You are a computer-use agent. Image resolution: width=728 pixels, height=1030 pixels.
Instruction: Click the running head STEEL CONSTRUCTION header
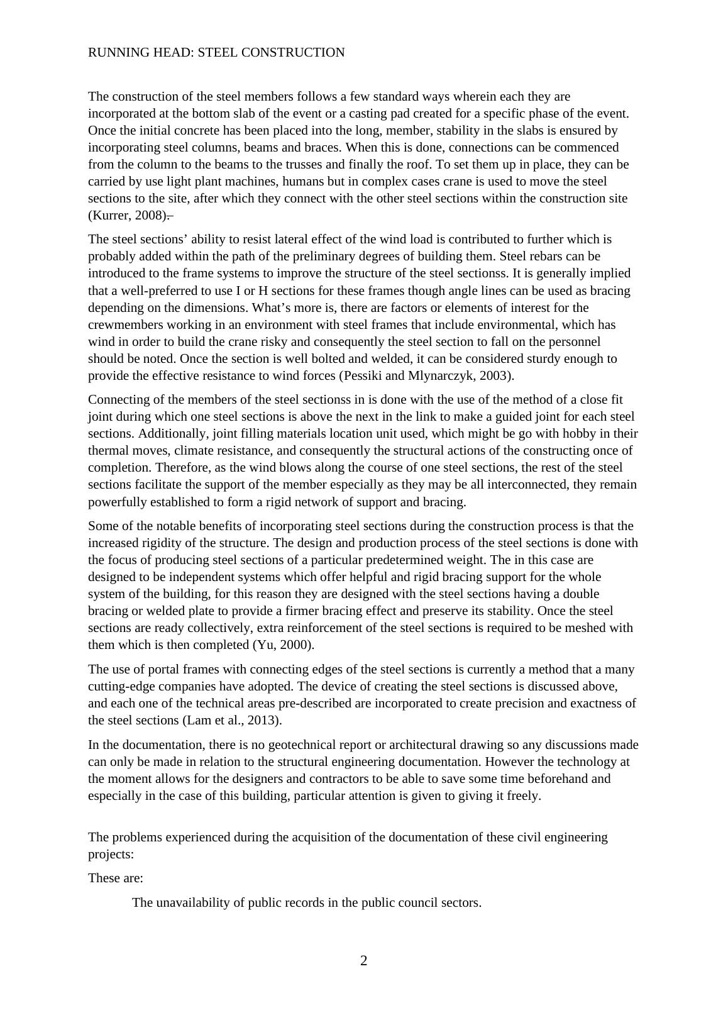[216, 53]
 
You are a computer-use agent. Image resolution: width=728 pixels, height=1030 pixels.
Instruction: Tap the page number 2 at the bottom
[363, 960]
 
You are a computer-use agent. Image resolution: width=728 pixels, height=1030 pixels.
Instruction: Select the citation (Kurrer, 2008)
[128, 216]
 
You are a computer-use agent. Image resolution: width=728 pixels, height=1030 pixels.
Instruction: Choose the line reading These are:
[116, 878]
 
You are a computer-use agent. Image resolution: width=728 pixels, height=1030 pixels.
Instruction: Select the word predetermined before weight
[400, 560]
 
